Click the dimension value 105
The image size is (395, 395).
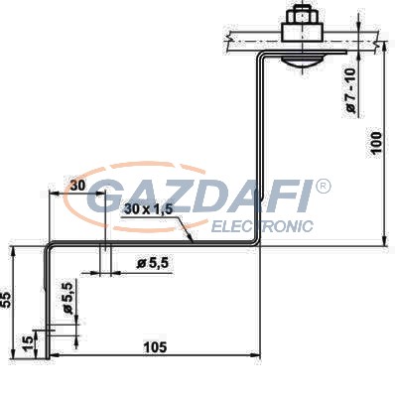point(155,347)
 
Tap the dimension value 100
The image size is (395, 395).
point(376,143)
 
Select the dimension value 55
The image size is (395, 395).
point(7,301)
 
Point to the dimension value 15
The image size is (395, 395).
point(29,342)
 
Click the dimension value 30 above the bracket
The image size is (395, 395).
point(77,186)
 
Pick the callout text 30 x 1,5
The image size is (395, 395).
point(149,209)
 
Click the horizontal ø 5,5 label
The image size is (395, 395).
point(153,263)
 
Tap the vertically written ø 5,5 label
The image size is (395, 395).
point(67,299)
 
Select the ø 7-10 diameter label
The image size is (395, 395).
point(350,90)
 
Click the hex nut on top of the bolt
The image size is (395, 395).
point(303,15)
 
